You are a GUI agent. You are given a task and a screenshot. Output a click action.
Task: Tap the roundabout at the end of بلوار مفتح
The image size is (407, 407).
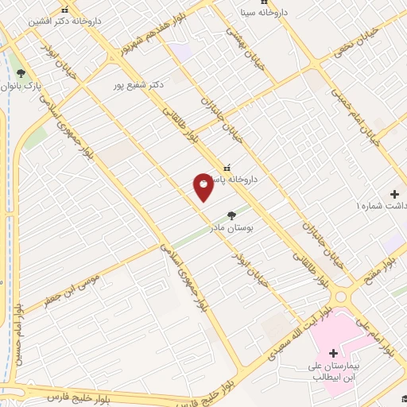(343, 297)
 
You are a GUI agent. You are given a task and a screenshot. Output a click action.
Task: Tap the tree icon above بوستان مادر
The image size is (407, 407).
(231, 215)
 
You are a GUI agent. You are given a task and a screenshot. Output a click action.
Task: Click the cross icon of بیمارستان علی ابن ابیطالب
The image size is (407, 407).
(333, 353)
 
